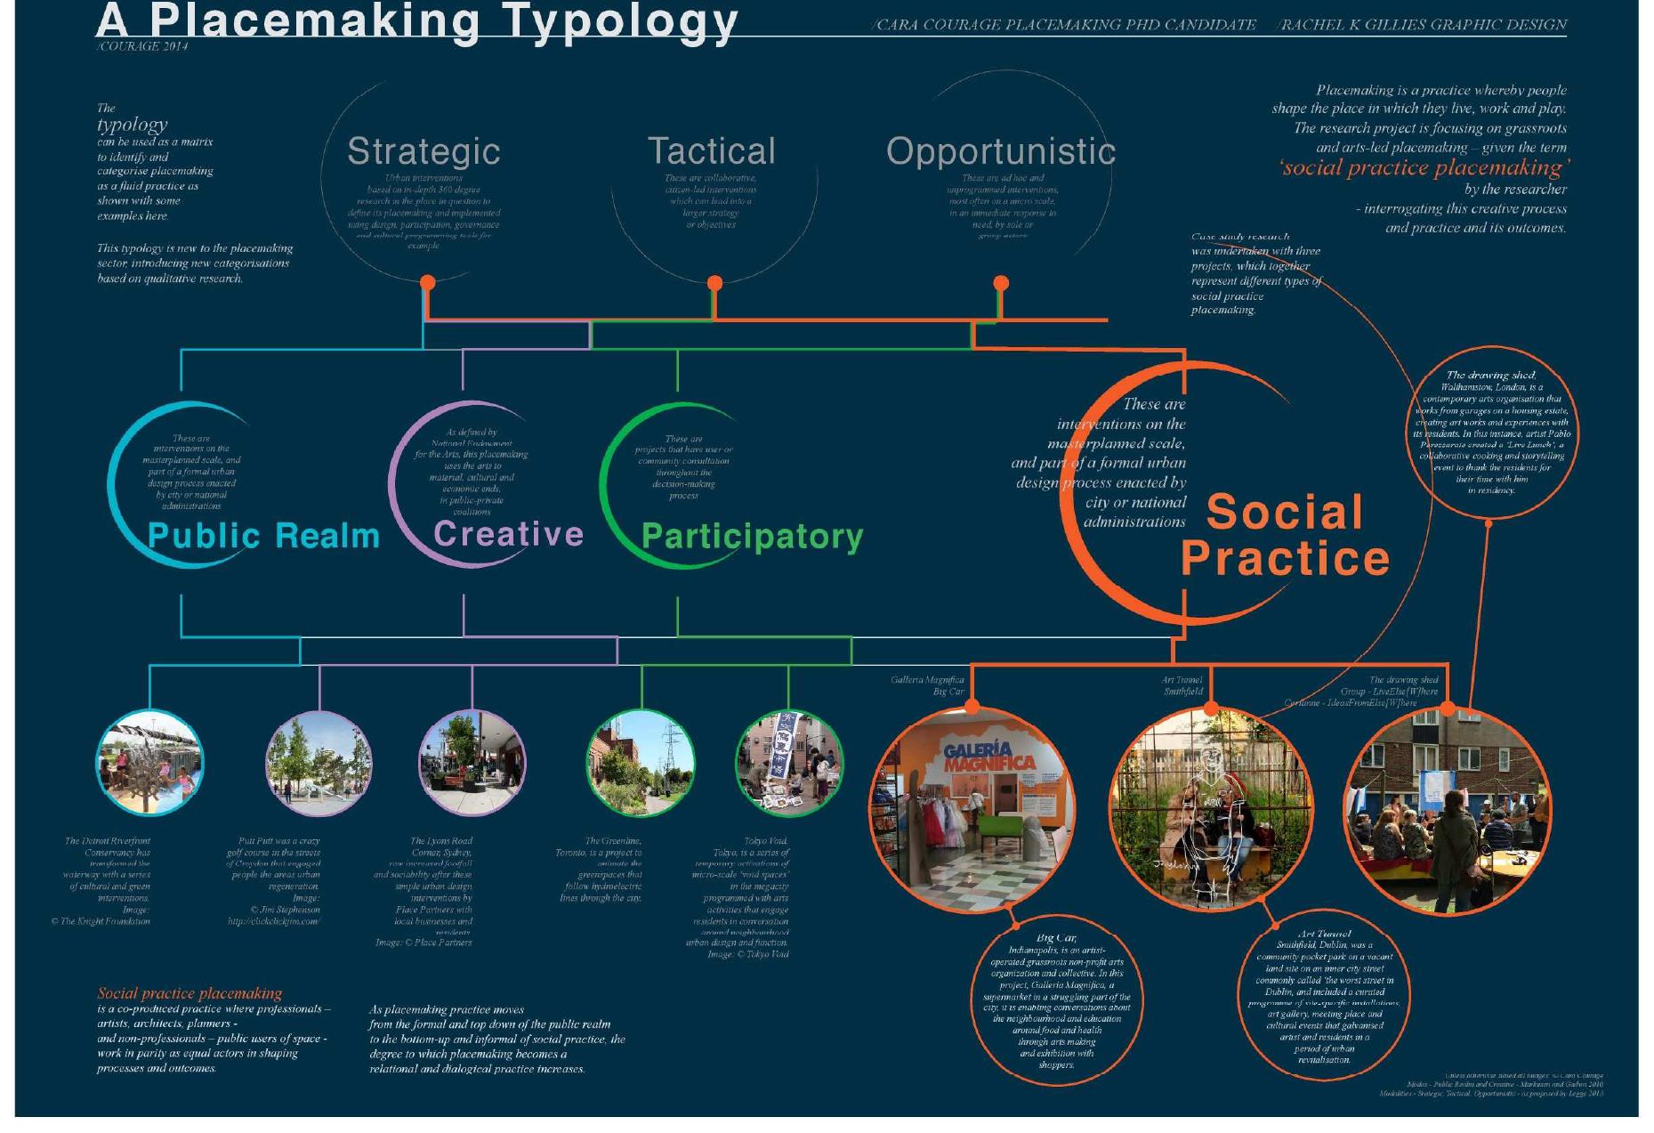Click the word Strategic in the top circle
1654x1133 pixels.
coord(424,151)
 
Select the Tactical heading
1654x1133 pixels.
coord(711,151)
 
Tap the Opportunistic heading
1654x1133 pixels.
coord(1001,151)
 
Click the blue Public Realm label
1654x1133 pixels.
coord(263,536)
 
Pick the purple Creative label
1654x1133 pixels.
coord(508,534)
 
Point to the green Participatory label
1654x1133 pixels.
coord(752,537)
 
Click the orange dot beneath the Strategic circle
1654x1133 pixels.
coord(428,283)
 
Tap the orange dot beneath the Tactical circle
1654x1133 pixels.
coord(714,283)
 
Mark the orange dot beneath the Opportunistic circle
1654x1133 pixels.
coord(1001,283)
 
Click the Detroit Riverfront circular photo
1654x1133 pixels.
coord(149,763)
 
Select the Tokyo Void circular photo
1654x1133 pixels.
coord(788,763)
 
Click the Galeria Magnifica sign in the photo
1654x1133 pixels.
coord(988,757)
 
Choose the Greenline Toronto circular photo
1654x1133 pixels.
coord(641,763)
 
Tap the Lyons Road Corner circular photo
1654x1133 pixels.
coord(472,763)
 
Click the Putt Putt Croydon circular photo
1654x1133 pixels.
coord(319,763)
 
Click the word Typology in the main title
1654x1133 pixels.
coord(619,21)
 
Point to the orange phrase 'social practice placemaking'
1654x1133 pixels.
coord(1424,168)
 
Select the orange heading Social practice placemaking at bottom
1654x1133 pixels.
coord(190,993)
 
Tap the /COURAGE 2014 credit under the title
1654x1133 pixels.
coord(142,46)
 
